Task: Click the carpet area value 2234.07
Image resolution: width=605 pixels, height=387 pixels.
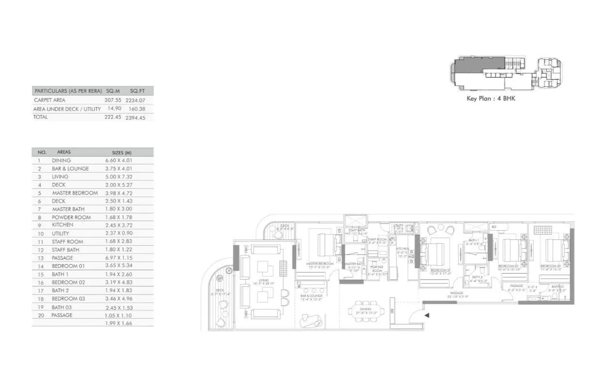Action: click(x=136, y=100)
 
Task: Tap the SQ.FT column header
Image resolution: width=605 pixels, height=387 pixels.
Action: click(x=138, y=91)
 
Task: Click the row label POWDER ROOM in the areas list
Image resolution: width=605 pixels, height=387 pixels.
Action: click(x=71, y=217)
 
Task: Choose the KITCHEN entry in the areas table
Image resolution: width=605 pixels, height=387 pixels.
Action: click(x=63, y=225)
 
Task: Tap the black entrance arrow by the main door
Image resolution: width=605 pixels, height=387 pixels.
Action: click(x=427, y=315)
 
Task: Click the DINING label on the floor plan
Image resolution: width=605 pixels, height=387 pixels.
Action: click(x=366, y=309)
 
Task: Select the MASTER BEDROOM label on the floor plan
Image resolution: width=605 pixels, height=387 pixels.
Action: click(x=319, y=264)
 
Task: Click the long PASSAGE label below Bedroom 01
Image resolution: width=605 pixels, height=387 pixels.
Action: click(x=456, y=293)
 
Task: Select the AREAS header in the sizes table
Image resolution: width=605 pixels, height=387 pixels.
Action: click(x=64, y=152)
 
